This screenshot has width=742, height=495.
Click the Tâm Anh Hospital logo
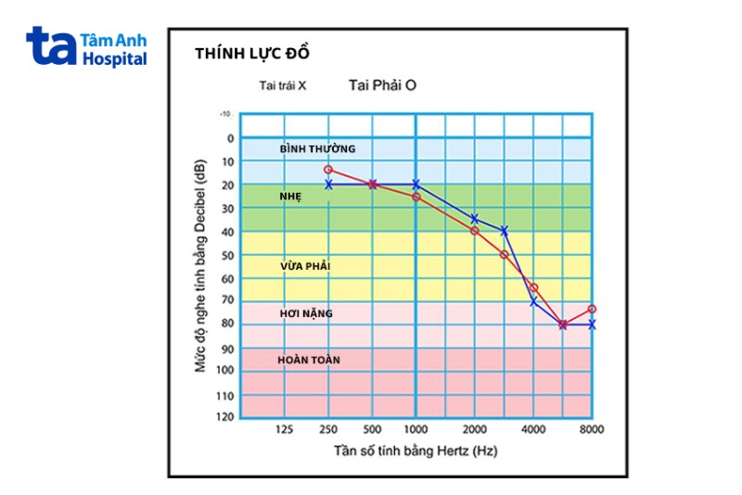tap(86, 46)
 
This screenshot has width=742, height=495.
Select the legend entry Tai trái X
tap(283, 85)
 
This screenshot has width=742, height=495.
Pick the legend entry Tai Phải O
tap(382, 84)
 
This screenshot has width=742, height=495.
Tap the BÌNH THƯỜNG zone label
tap(317, 148)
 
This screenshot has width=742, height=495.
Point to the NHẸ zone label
tap(291, 197)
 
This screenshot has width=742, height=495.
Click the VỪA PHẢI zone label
tap(305, 266)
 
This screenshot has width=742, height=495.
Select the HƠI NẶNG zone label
tap(306, 313)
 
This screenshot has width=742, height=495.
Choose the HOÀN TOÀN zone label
tap(310, 359)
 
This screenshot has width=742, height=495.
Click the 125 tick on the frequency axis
tap(284, 430)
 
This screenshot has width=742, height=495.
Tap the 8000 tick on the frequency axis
tap(591, 430)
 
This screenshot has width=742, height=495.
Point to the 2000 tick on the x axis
tap(474, 430)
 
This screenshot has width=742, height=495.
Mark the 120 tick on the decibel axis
tap(225, 418)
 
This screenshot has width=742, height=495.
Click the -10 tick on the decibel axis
tap(225, 114)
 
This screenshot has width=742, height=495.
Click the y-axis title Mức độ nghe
tap(201, 266)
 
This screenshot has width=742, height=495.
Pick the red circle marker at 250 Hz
tap(328, 170)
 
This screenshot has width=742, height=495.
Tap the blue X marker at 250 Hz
tap(328, 184)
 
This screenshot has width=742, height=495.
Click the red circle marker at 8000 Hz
tap(591, 309)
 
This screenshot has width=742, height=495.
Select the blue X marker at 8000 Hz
tap(591, 324)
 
